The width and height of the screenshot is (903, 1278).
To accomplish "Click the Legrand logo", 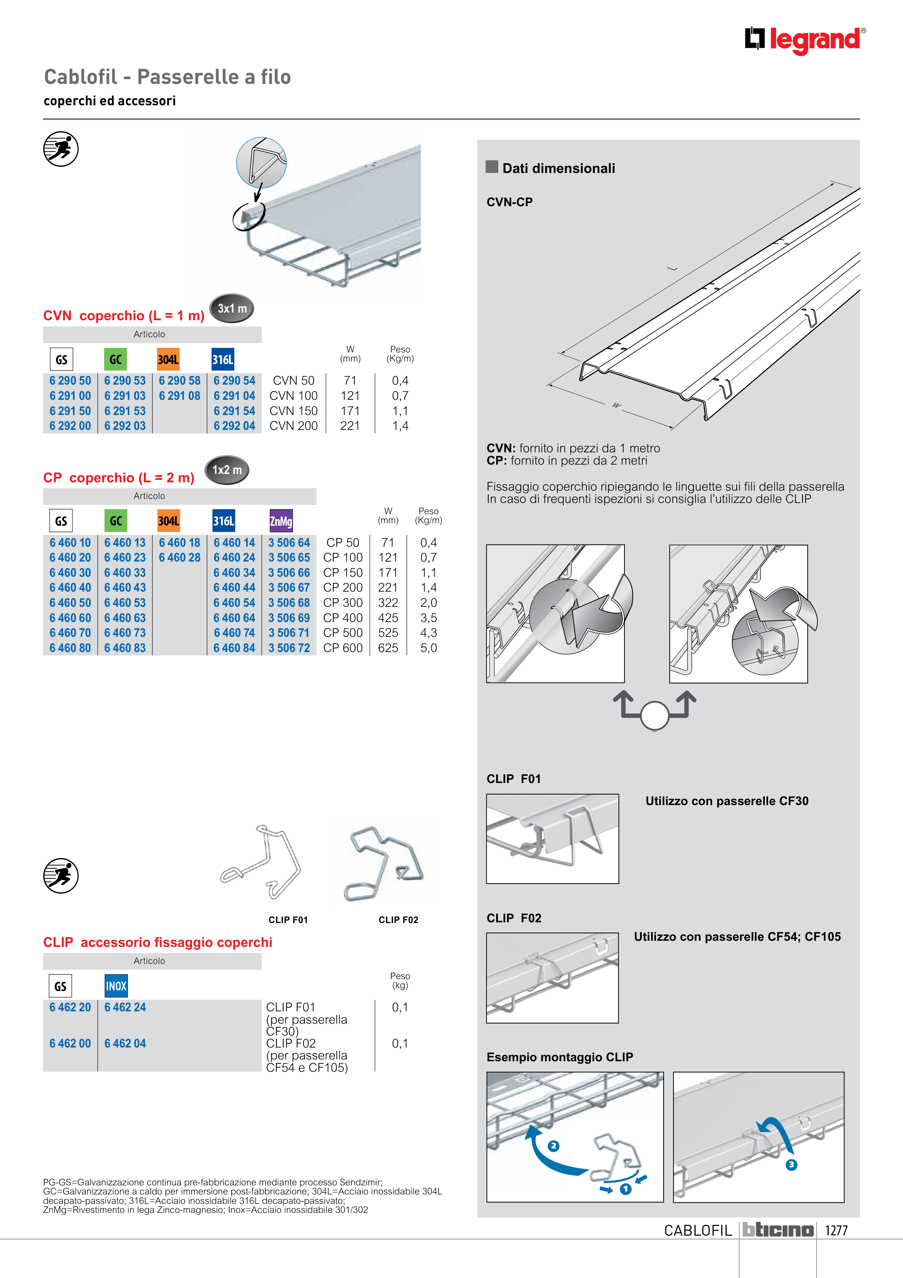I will click(805, 40).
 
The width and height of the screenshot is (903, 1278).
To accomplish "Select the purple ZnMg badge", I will click(281, 521).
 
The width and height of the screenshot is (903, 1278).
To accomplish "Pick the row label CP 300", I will click(343, 603).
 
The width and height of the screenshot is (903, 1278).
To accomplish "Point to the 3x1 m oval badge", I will click(231, 308).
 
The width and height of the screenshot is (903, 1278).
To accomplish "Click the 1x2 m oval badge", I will click(227, 470).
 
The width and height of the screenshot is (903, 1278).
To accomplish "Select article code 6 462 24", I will click(125, 1007).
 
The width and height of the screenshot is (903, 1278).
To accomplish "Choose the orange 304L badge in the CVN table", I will click(168, 360).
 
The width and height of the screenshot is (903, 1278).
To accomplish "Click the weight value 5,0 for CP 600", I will click(429, 648).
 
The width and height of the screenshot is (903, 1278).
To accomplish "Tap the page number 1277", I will click(836, 1230).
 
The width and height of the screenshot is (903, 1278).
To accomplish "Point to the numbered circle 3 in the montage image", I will click(791, 1164).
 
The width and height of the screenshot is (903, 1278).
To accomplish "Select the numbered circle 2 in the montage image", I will click(553, 1146).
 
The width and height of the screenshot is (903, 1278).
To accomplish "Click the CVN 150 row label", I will click(293, 411).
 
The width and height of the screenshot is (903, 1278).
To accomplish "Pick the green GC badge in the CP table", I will click(116, 521).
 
